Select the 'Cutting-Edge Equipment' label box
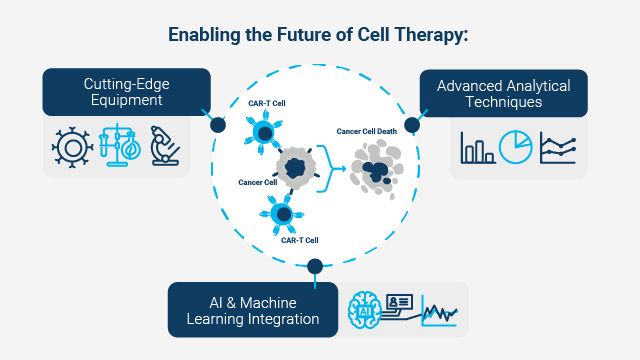[126, 92]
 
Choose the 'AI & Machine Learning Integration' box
[253, 309]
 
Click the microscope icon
[165, 145]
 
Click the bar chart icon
[477, 148]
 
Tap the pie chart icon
[516, 147]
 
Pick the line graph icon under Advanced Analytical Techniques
[558, 148]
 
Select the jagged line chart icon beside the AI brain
[439, 313]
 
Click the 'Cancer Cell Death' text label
[367, 129]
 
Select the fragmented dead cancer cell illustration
[377, 167]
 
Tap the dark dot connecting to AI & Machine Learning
[315, 266]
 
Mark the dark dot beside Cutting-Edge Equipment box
[217, 124]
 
